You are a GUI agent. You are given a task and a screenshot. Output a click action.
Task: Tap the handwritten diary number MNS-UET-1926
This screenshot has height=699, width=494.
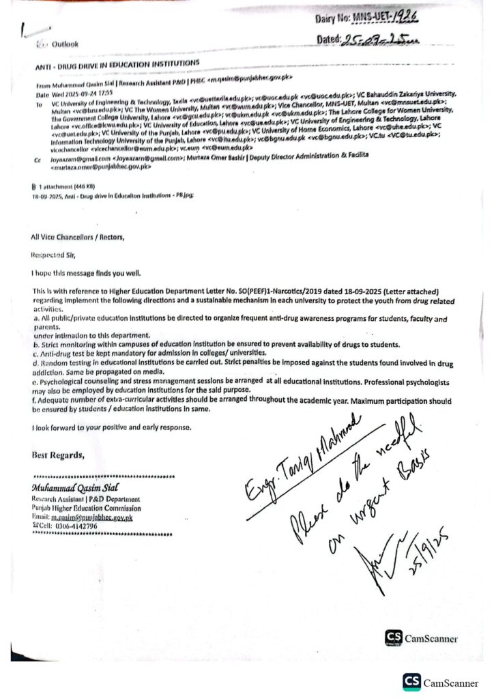(399, 18)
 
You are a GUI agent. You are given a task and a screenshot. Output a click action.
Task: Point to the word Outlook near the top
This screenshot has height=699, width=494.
(65, 44)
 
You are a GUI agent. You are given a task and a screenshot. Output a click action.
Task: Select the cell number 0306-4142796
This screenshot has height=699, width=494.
(79, 527)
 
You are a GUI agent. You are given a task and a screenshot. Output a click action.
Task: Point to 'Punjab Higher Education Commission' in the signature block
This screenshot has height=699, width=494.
(86, 508)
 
